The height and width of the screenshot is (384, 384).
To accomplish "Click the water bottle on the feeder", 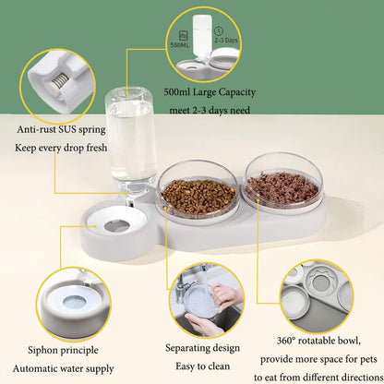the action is (x=131, y=145).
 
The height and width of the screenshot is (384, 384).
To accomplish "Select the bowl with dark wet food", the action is (x=282, y=185).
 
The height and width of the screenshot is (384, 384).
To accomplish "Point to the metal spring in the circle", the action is (x=58, y=81).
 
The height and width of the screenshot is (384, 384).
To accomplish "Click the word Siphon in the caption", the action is (x=42, y=350).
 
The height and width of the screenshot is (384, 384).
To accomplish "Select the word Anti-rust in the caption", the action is (x=36, y=129).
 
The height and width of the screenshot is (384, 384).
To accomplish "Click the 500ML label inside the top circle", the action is (x=180, y=45).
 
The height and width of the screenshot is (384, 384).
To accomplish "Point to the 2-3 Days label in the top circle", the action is (x=226, y=41).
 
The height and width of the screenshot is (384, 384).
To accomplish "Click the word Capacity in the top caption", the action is (x=237, y=92).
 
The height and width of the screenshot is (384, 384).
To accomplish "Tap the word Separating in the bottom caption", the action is (x=186, y=348).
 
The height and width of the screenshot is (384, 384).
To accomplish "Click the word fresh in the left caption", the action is (x=97, y=148).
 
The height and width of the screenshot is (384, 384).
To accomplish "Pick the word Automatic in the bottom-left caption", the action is (x=32, y=368).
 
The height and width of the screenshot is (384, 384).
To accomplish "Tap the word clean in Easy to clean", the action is (x=219, y=366).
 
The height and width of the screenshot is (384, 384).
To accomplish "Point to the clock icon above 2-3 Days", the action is (x=220, y=30).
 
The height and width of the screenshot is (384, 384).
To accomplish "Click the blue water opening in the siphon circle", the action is (x=74, y=301).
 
